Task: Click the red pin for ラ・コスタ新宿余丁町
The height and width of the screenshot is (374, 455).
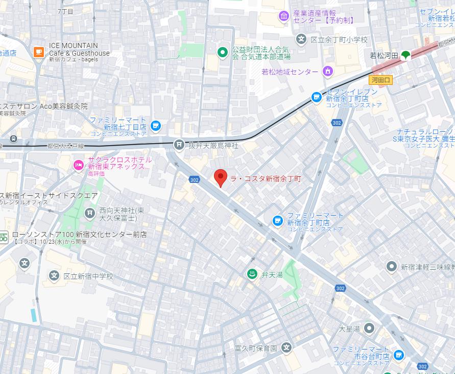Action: (220, 177)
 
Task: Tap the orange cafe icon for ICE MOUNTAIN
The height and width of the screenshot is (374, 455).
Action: (38, 52)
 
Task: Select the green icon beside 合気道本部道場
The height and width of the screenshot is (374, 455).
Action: (222, 52)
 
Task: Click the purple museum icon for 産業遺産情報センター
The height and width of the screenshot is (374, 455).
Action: (283, 17)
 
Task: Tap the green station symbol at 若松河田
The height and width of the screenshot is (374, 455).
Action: (405, 55)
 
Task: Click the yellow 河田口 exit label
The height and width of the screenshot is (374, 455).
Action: (380, 80)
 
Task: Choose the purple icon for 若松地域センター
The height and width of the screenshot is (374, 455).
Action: (327, 72)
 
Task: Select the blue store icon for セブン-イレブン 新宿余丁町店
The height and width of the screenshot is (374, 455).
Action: (317, 97)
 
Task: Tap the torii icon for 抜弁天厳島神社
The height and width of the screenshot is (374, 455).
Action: (179, 145)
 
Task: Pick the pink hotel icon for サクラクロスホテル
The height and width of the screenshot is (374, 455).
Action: (78, 165)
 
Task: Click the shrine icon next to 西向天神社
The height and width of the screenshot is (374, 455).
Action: (90, 213)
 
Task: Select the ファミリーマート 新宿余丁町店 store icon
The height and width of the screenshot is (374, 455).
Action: (277, 221)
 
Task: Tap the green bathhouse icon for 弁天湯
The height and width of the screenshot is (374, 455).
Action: (252, 274)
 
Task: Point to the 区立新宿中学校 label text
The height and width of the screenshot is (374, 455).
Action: (88, 276)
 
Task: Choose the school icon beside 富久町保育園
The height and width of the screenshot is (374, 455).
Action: (286, 348)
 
